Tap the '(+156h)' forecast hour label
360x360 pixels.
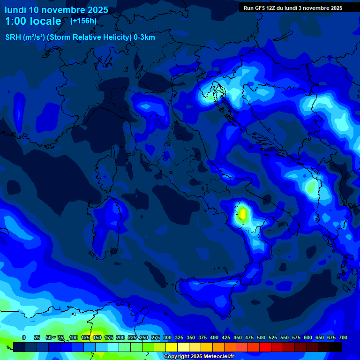83,21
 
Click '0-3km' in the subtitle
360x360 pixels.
144,37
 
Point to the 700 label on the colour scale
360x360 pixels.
343,337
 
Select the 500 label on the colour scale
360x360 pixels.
261,337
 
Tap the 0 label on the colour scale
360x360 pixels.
24,337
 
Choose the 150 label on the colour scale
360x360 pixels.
97,337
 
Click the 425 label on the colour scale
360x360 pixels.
226,337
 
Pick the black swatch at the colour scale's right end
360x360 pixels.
335,347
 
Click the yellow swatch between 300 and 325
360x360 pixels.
171,347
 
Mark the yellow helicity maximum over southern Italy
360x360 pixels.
242,213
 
